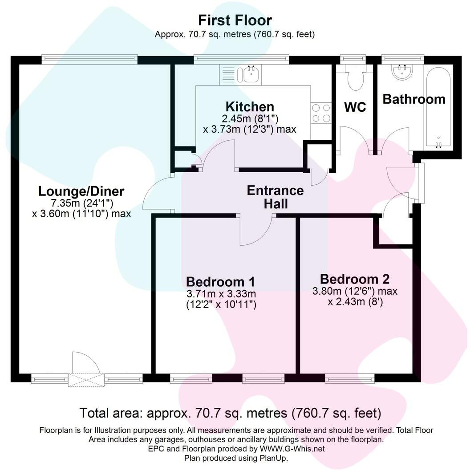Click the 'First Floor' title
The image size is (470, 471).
pos(235,20)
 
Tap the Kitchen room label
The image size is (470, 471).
pos(250,107)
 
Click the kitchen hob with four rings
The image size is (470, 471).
pos(320,113)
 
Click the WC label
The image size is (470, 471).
pos(355,107)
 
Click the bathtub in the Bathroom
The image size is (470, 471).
pos(439,107)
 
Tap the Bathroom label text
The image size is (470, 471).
pos(414,99)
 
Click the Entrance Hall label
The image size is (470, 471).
pos(275,197)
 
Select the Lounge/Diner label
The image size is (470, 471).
pos(81,191)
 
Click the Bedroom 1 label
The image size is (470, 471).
pos(220,282)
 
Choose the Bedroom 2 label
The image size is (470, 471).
pos(355,279)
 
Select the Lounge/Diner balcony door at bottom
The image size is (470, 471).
pos(86,378)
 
